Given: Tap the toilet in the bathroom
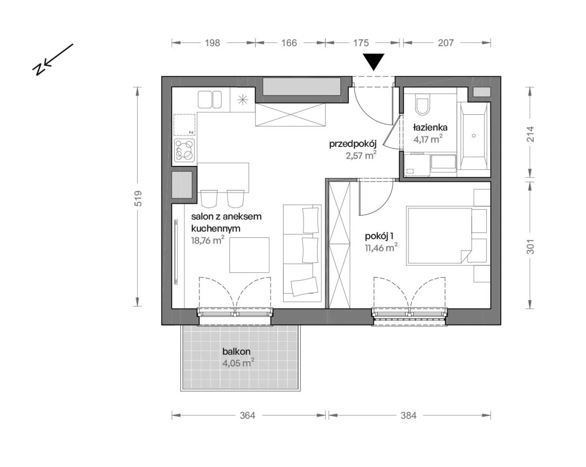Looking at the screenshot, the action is (423, 105).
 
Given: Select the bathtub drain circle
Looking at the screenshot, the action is (474, 136).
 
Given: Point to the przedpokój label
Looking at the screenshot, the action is (353, 144).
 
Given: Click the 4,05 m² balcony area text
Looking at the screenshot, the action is (239, 363).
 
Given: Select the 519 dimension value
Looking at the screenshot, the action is (138, 198).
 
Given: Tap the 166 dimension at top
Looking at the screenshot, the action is (289, 43).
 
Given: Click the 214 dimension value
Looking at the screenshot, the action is (531, 134).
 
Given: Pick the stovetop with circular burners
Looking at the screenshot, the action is (185, 150).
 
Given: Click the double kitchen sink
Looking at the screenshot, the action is (210, 100).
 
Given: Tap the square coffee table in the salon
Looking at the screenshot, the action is (249, 255).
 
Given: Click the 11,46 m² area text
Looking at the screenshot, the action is (381, 248).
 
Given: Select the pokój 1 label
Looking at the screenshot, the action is (379, 236).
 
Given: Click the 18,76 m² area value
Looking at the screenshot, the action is (208, 240).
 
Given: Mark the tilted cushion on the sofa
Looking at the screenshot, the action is (304, 287).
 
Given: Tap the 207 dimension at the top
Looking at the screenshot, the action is (446, 43).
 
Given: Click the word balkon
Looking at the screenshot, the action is (236, 352).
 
